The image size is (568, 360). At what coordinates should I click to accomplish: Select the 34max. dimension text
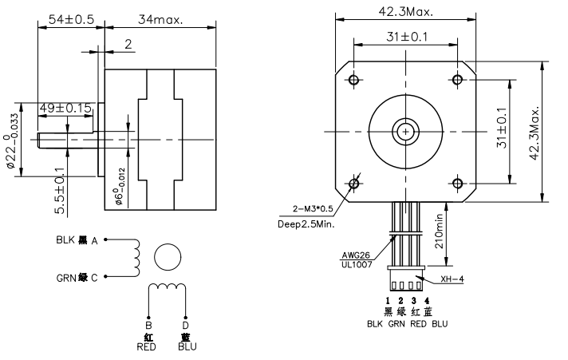click(160, 18)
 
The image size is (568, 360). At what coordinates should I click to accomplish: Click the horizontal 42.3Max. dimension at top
click(405, 11)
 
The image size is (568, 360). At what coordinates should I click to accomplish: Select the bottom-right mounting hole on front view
click(457, 184)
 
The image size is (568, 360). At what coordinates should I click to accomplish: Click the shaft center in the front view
click(406, 131)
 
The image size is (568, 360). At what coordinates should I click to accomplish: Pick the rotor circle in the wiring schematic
click(168, 256)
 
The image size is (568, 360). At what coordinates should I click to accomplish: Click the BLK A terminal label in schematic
click(77, 239)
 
